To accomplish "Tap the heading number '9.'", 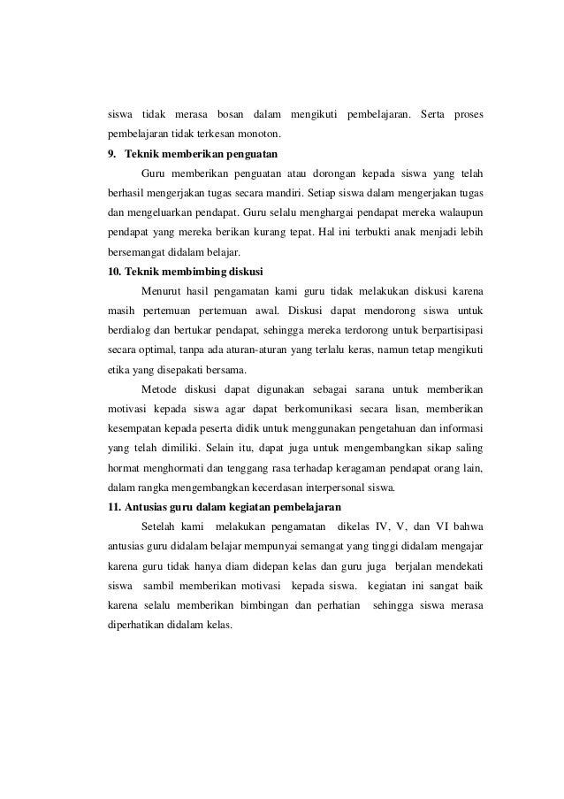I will tap(111, 154).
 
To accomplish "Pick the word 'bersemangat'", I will tap(135, 251).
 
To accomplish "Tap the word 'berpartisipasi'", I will tap(449, 329).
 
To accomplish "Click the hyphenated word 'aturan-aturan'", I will tap(265, 349).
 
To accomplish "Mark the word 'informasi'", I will tap(458, 427).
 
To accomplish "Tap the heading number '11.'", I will tap(113, 505).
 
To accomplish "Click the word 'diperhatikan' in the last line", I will tap(136, 622).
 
